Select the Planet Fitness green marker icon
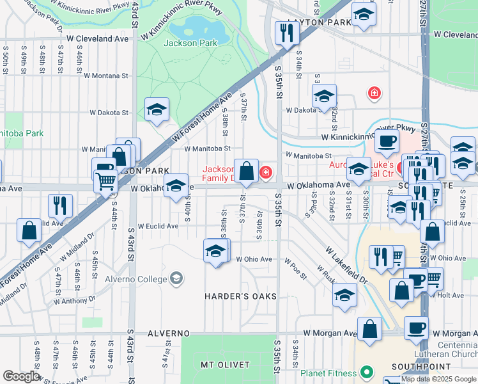(366, 372)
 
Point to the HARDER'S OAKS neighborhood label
(240, 296)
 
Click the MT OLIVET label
(224, 365)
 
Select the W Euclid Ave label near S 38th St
(154, 226)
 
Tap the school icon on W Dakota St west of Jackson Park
(157, 109)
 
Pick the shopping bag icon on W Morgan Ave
(369, 329)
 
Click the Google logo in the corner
(22, 377)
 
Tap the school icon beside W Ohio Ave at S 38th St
(216, 250)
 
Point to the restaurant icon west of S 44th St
(60, 205)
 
